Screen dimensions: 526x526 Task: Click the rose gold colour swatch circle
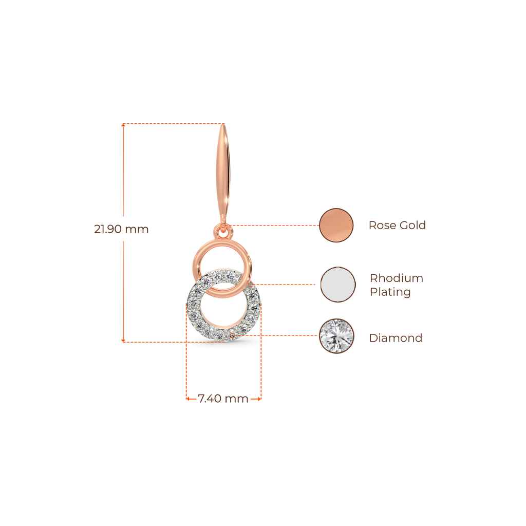point(336,225)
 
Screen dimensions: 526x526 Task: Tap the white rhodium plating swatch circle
point(337,285)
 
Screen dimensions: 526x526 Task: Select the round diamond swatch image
point(336,336)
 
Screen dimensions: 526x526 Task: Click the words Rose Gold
point(397,225)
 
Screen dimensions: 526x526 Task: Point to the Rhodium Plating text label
point(396,285)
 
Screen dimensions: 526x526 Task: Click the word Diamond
point(396,338)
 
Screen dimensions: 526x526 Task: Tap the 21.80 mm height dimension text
point(121,229)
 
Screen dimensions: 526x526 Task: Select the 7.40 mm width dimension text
point(223,399)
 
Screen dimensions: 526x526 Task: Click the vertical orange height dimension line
point(123,283)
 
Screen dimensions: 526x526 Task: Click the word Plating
point(390,292)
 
